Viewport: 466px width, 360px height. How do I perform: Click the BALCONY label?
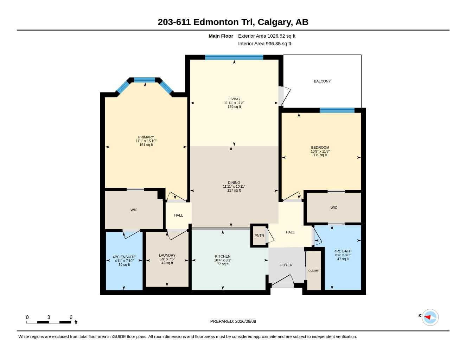tap(322, 81)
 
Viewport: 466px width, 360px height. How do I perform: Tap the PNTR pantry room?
tap(259, 236)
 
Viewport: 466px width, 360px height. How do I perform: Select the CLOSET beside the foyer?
tap(314, 270)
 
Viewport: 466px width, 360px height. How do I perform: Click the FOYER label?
tap(286, 265)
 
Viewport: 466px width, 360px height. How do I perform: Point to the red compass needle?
tap(427, 317)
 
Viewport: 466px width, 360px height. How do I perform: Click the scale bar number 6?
tap(71, 317)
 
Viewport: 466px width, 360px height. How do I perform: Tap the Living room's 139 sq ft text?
tap(234, 107)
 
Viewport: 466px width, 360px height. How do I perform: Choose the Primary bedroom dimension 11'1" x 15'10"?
tap(146, 141)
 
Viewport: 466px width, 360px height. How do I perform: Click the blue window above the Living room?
tap(234, 57)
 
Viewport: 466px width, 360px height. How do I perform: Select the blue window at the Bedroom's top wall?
tap(337, 110)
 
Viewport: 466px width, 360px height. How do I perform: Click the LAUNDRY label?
tap(167, 255)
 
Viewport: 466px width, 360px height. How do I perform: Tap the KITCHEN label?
tap(223, 256)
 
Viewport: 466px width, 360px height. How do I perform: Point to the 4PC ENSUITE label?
tap(124, 257)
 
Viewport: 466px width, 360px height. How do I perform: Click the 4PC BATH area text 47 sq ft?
tap(343, 259)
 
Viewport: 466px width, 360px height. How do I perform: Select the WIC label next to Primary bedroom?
tap(134, 210)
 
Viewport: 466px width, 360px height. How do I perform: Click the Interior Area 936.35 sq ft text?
tap(264, 44)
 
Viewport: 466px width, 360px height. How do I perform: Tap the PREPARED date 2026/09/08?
tap(245, 321)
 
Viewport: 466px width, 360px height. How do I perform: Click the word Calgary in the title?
tap(275, 22)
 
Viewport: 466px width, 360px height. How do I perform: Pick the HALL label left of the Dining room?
tap(178, 215)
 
